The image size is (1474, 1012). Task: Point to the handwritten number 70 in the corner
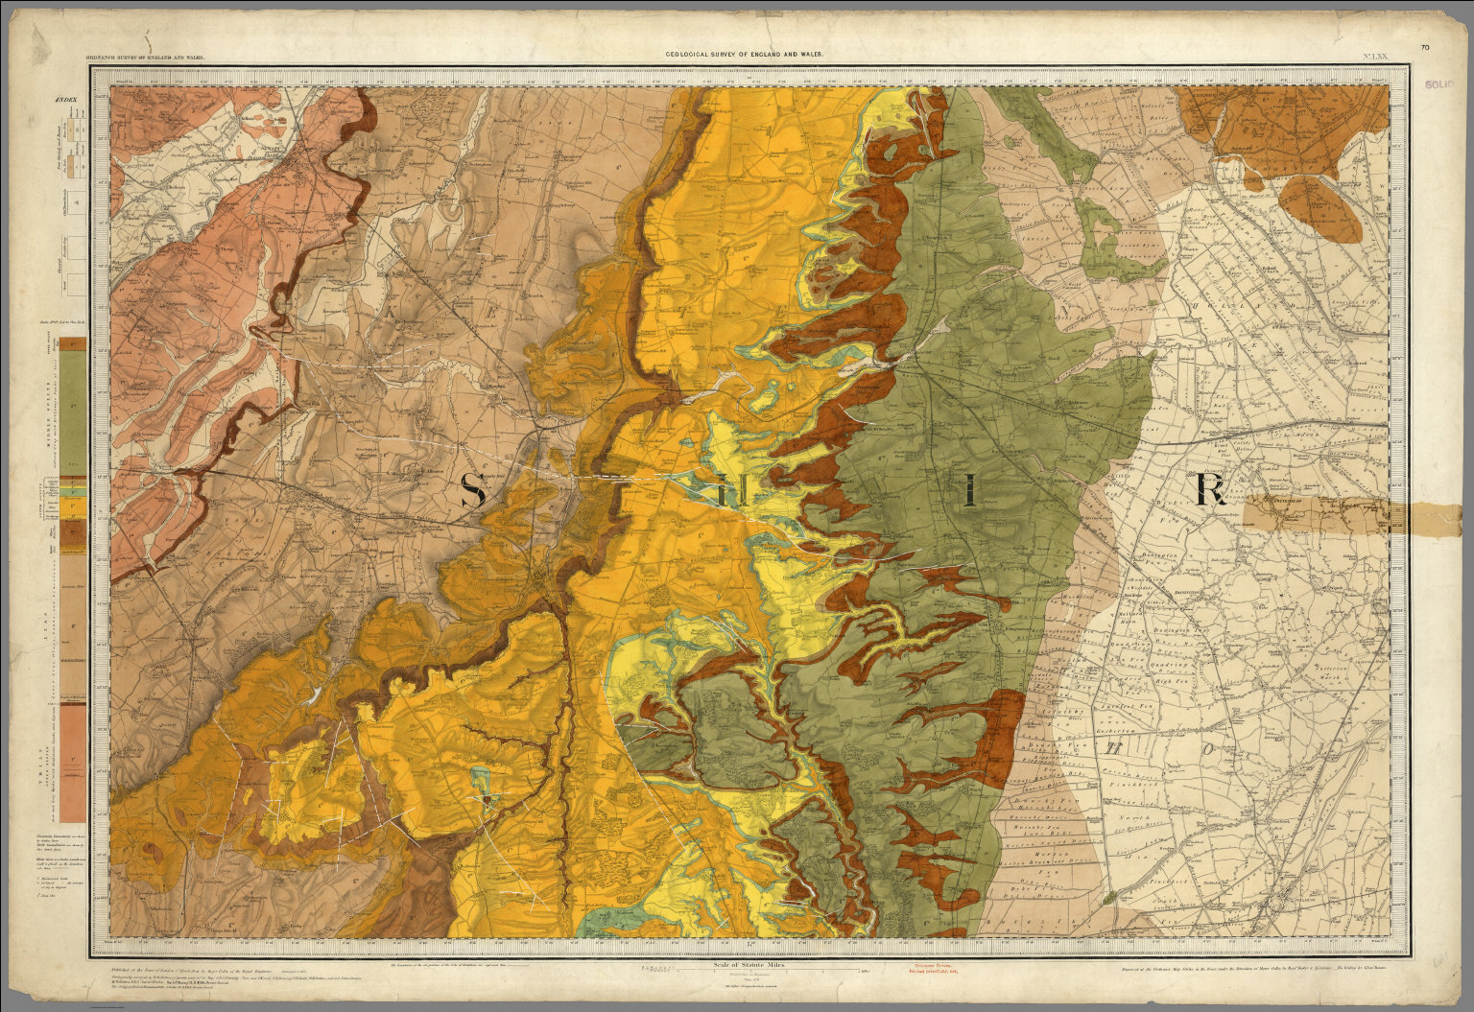(1425, 47)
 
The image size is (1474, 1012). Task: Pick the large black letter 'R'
(1210, 490)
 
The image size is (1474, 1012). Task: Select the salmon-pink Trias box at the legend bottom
(72, 767)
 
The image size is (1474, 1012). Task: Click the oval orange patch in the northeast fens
(1329, 209)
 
